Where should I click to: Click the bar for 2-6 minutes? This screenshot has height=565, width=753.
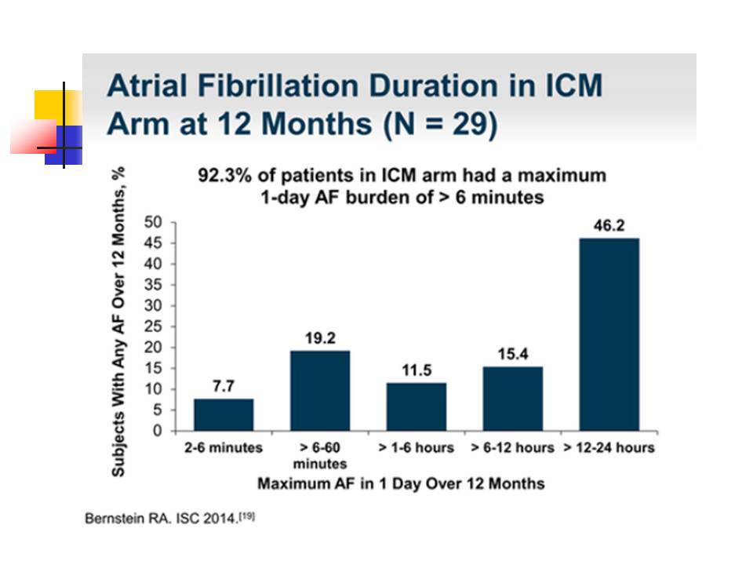224,414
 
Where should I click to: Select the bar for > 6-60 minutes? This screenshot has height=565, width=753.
320,390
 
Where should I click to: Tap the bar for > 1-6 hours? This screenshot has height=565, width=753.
417,406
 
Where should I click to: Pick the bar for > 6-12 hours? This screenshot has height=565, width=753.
512,399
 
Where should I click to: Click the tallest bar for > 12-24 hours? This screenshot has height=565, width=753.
609,334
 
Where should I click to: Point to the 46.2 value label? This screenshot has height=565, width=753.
609,225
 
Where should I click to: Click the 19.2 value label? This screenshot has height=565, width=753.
320,338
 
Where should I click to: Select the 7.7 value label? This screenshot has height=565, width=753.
224,386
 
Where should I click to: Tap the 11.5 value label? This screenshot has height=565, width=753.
417,370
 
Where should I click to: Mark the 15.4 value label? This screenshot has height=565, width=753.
512,355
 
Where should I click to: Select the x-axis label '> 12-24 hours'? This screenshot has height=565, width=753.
609,447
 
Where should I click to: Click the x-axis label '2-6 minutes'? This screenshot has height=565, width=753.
224,447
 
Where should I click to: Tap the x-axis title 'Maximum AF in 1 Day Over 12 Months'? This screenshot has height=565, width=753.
400,483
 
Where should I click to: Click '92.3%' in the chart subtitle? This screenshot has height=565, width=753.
222,175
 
